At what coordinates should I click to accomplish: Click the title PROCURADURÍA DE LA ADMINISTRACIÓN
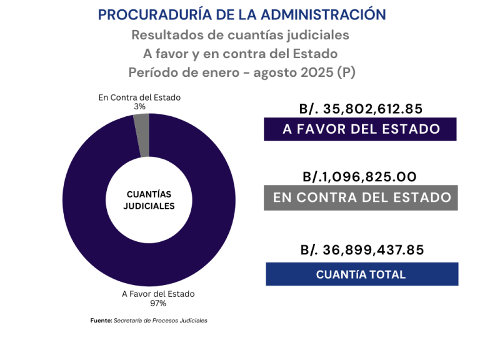pyautogui.click(x=242, y=14)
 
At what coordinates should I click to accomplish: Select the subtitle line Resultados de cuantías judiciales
pyautogui.click(x=240, y=34)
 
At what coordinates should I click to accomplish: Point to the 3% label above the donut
pyautogui.click(x=139, y=107)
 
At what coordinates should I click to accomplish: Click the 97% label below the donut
pyautogui.click(x=158, y=303)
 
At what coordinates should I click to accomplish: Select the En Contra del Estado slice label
pyautogui.click(x=139, y=97)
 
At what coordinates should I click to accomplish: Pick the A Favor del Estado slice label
pyautogui.click(x=158, y=294)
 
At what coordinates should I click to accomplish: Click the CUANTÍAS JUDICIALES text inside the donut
pyautogui.click(x=149, y=200)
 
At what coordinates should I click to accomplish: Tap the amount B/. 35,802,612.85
pyautogui.click(x=361, y=109)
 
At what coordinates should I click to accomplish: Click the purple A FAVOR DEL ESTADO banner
pyautogui.click(x=361, y=129)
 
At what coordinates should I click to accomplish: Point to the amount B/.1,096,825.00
pyautogui.click(x=359, y=177)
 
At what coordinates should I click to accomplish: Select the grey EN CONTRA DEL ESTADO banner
pyautogui.click(x=361, y=197)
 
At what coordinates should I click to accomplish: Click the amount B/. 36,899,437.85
pyautogui.click(x=362, y=250)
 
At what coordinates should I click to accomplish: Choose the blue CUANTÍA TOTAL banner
pyautogui.click(x=361, y=274)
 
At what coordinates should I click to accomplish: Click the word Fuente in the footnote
pyautogui.click(x=101, y=321)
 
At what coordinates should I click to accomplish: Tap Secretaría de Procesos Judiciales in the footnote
pyautogui.click(x=161, y=321)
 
